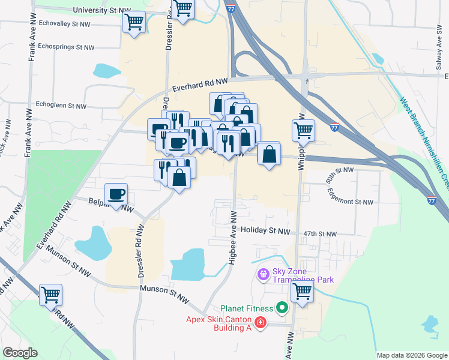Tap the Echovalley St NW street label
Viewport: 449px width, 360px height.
(x=64, y=24)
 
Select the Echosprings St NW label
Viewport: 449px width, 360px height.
(x=66, y=47)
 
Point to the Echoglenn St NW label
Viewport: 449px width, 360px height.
(x=61, y=106)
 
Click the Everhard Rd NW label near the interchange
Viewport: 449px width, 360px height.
(x=200, y=84)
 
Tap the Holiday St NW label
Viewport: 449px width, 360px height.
(x=265, y=230)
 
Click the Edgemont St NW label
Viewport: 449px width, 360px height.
(x=350, y=198)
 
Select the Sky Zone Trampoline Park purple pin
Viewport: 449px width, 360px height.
(x=262, y=275)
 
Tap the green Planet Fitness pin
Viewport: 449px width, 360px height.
(x=282, y=309)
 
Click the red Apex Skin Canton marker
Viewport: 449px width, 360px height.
(x=260, y=323)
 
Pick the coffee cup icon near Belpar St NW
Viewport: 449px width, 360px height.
(x=116, y=194)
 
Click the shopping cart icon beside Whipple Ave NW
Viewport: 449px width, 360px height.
(x=303, y=129)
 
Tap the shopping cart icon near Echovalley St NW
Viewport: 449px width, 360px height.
(x=134, y=23)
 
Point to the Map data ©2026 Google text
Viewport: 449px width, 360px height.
(x=412, y=355)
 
